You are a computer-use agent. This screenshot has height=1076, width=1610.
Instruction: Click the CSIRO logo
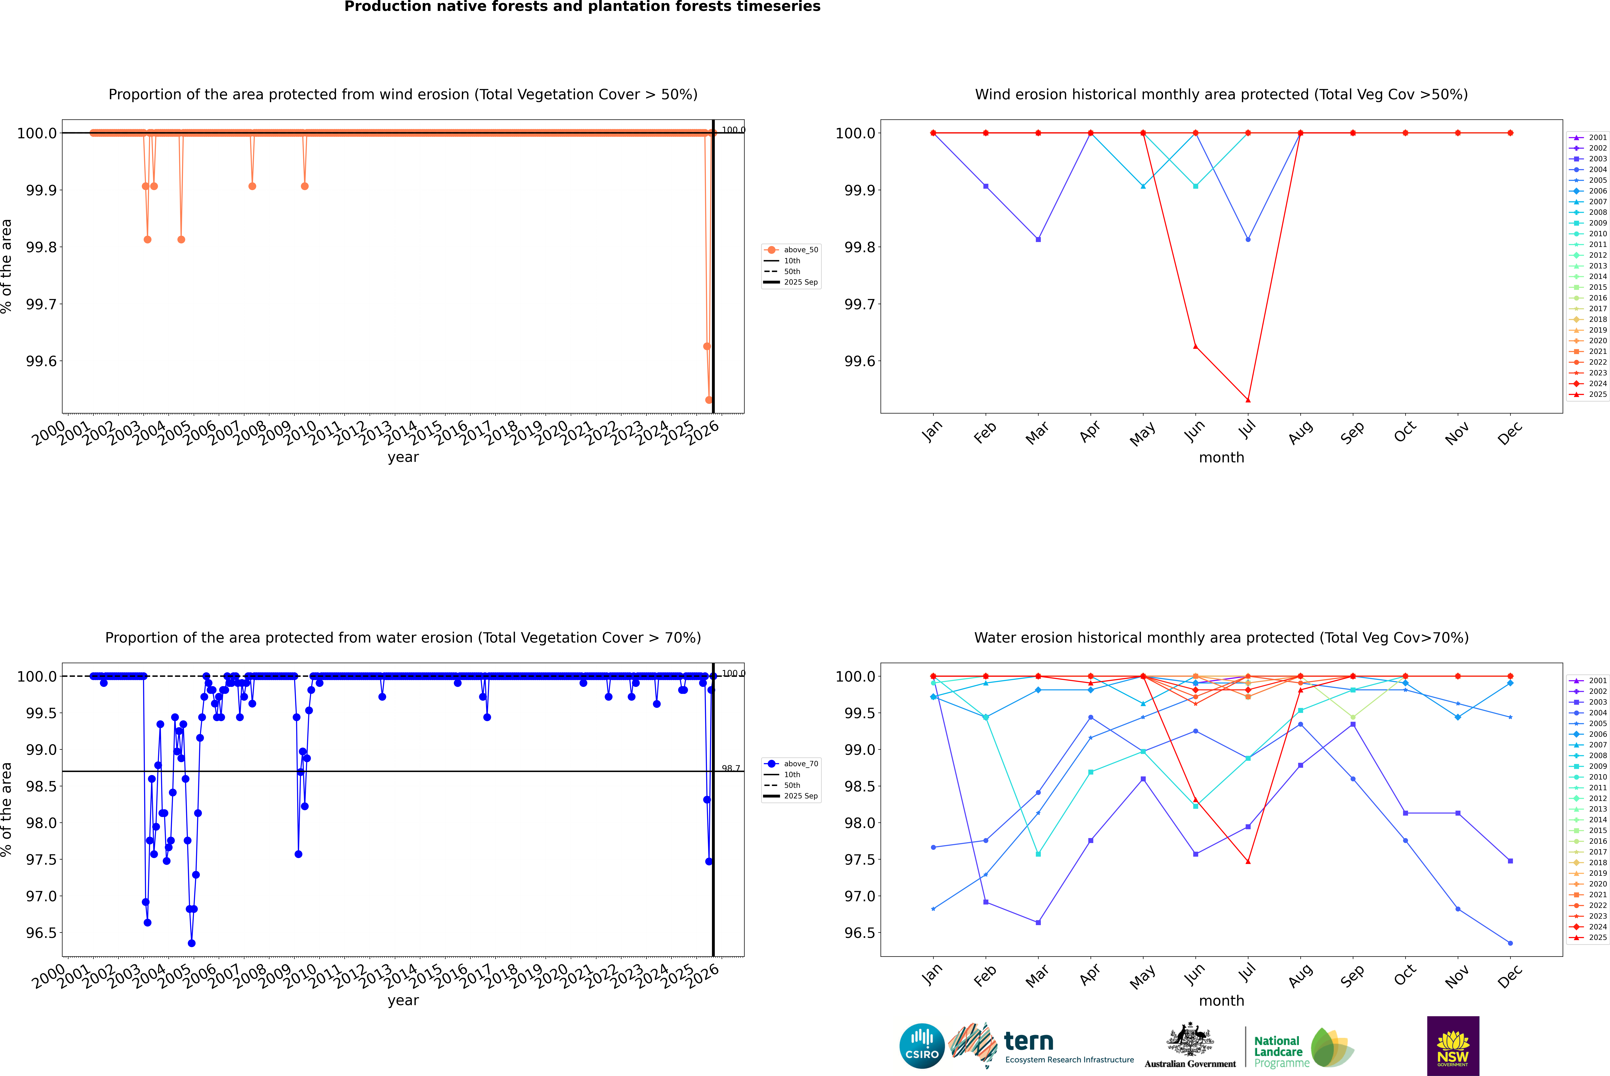[x=922, y=1046]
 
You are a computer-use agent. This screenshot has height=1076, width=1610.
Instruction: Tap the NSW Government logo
[x=1453, y=1046]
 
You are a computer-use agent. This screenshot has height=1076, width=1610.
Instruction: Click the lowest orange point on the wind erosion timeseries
[x=709, y=400]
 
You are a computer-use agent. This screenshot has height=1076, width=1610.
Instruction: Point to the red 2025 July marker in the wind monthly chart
[x=1248, y=400]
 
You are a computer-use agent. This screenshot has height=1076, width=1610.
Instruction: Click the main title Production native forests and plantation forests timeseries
[x=582, y=7]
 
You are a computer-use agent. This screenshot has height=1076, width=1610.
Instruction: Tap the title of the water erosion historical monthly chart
[x=1221, y=637]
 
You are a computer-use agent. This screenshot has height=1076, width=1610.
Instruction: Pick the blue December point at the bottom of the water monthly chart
[x=1510, y=943]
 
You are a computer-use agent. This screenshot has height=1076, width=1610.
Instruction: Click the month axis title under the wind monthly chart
[x=1221, y=458]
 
